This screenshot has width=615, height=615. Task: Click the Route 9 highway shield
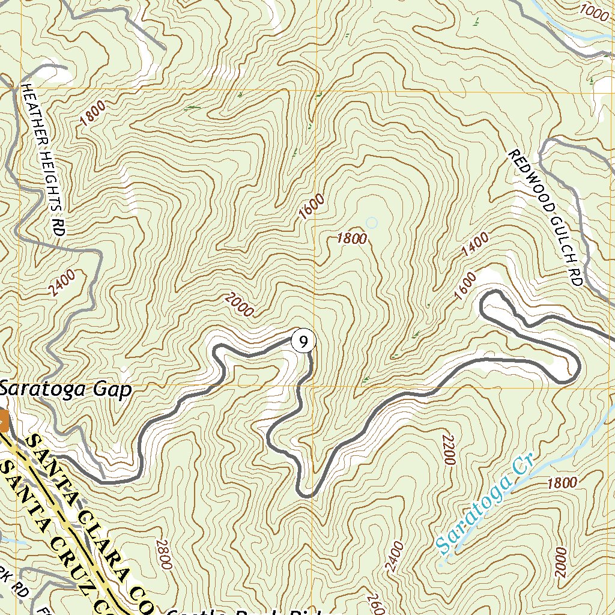tap(304, 342)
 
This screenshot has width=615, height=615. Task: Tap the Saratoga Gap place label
tap(65, 390)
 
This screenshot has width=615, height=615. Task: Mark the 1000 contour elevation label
tap(595, 10)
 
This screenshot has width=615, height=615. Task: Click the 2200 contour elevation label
tap(447, 449)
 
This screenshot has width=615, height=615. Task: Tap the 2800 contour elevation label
tap(164, 554)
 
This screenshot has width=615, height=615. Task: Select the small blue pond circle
tap(372, 223)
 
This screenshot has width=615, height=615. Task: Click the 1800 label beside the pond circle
tap(352, 238)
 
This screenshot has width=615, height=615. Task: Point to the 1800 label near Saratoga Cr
tap(562, 482)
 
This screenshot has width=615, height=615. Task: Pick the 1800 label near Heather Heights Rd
tap(92, 113)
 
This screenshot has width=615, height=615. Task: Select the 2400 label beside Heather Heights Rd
tap(63, 283)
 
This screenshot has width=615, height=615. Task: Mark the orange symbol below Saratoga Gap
tap(3, 420)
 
